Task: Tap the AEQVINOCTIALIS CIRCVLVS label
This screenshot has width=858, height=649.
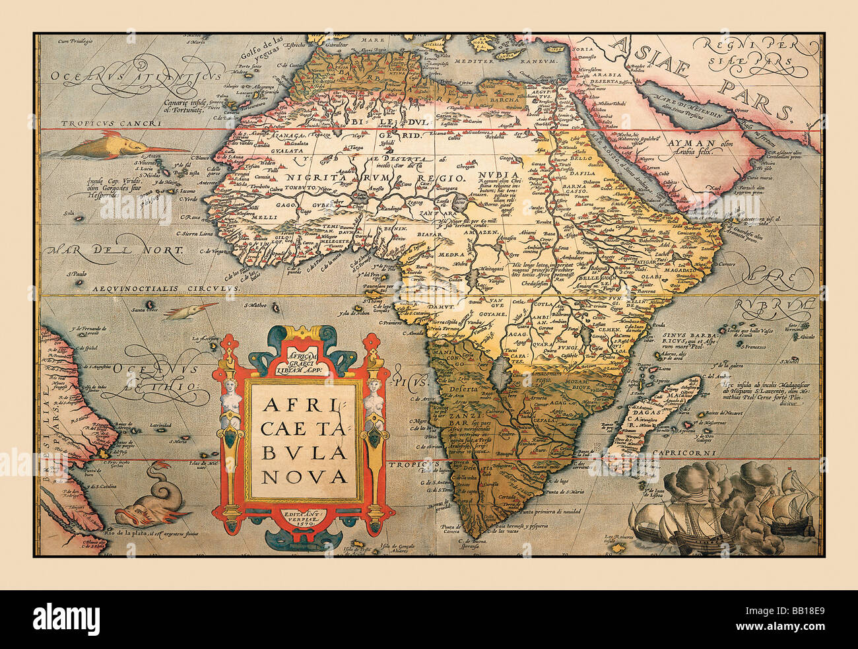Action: [x=166, y=289]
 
